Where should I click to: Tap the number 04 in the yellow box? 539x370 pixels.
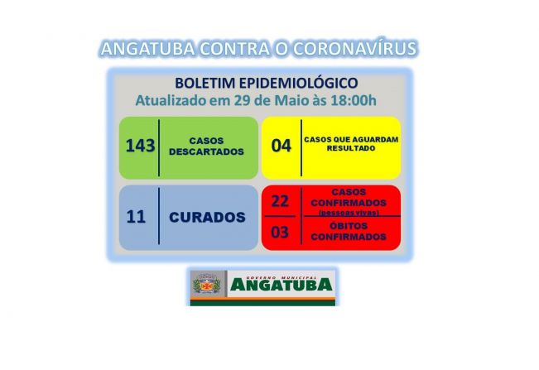click(281, 147)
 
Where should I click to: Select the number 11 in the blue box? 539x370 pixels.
click(136, 218)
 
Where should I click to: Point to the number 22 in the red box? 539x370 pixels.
click(280, 201)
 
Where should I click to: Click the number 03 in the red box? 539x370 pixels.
click(280, 232)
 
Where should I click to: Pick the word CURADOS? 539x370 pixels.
click(207, 218)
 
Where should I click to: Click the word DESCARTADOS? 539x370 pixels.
click(206, 152)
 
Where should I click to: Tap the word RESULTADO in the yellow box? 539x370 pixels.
click(351, 148)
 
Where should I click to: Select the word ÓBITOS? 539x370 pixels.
click(348, 226)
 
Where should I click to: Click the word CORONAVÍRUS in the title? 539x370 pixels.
click(351, 49)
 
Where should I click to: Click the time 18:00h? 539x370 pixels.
click(353, 101)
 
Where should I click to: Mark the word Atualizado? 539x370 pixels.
click(171, 101)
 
